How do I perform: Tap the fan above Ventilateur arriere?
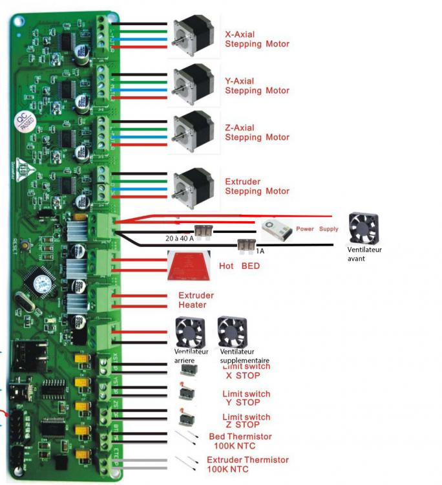click(x=190, y=332)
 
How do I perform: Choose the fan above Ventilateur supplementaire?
click(x=232, y=332)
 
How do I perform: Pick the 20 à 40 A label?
click(x=177, y=239)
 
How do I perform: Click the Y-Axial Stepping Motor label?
click(x=257, y=86)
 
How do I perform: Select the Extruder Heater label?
click(x=196, y=300)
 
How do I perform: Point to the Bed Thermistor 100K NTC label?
click(x=240, y=442)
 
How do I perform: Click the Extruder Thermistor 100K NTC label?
click(x=247, y=464)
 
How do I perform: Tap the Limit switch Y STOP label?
click(x=246, y=398)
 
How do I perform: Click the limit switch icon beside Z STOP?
click(x=187, y=418)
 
